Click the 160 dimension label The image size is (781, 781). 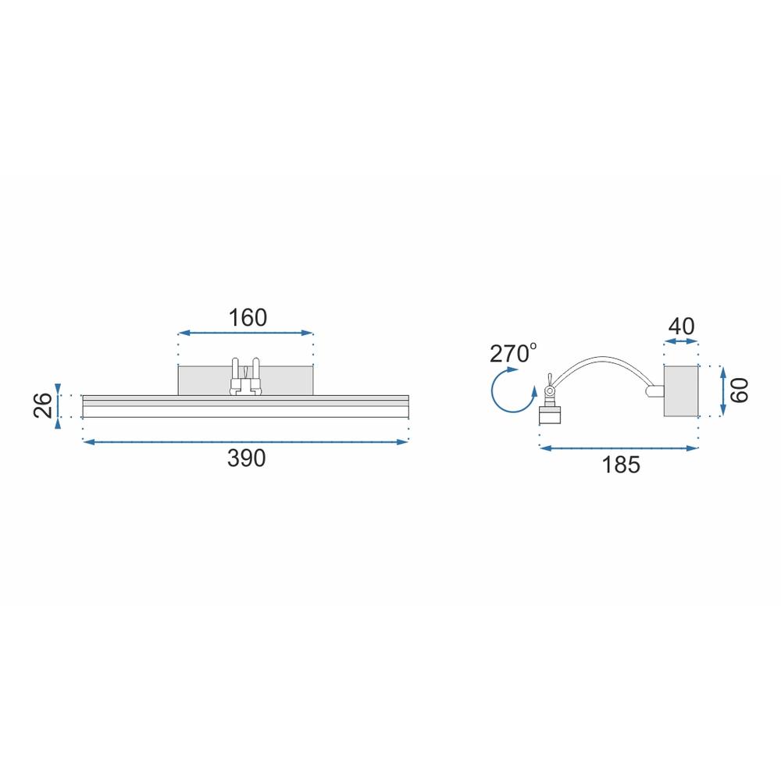(x=248, y=318)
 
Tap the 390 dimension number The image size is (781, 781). (x=247, y=458)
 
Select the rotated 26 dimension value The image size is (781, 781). (x=43, y=405)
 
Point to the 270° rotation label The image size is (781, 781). (x=513, y=353)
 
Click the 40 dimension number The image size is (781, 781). (x=681, y=326)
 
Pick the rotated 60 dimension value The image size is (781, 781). (x=740, y=390)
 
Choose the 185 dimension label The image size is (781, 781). (x=621, y=465)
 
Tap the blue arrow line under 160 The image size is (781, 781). (x=245, y=333)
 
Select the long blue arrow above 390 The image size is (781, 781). (x=245, y=442)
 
